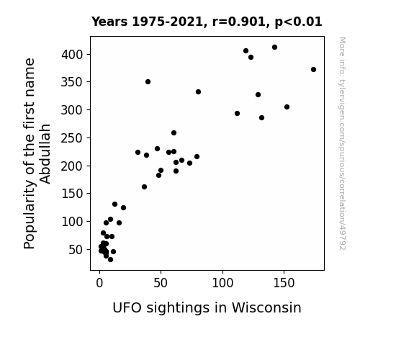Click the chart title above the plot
coord(207,22)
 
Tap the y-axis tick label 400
coord(72,55)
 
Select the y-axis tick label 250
coord(72,138)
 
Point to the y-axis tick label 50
coord(76,250)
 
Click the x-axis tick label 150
coord(284,283)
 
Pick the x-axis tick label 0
coord(99,283)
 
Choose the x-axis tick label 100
coord(222,283)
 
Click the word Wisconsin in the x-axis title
coord(266,307)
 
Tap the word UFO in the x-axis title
coord(127,307)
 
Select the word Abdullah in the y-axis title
coord(45,154)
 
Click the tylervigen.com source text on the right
coord(342,143)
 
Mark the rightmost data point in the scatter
coord(313,69)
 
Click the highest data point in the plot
coord(274,48)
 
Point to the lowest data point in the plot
coord(110,260)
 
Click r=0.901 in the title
coord(239,22)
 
